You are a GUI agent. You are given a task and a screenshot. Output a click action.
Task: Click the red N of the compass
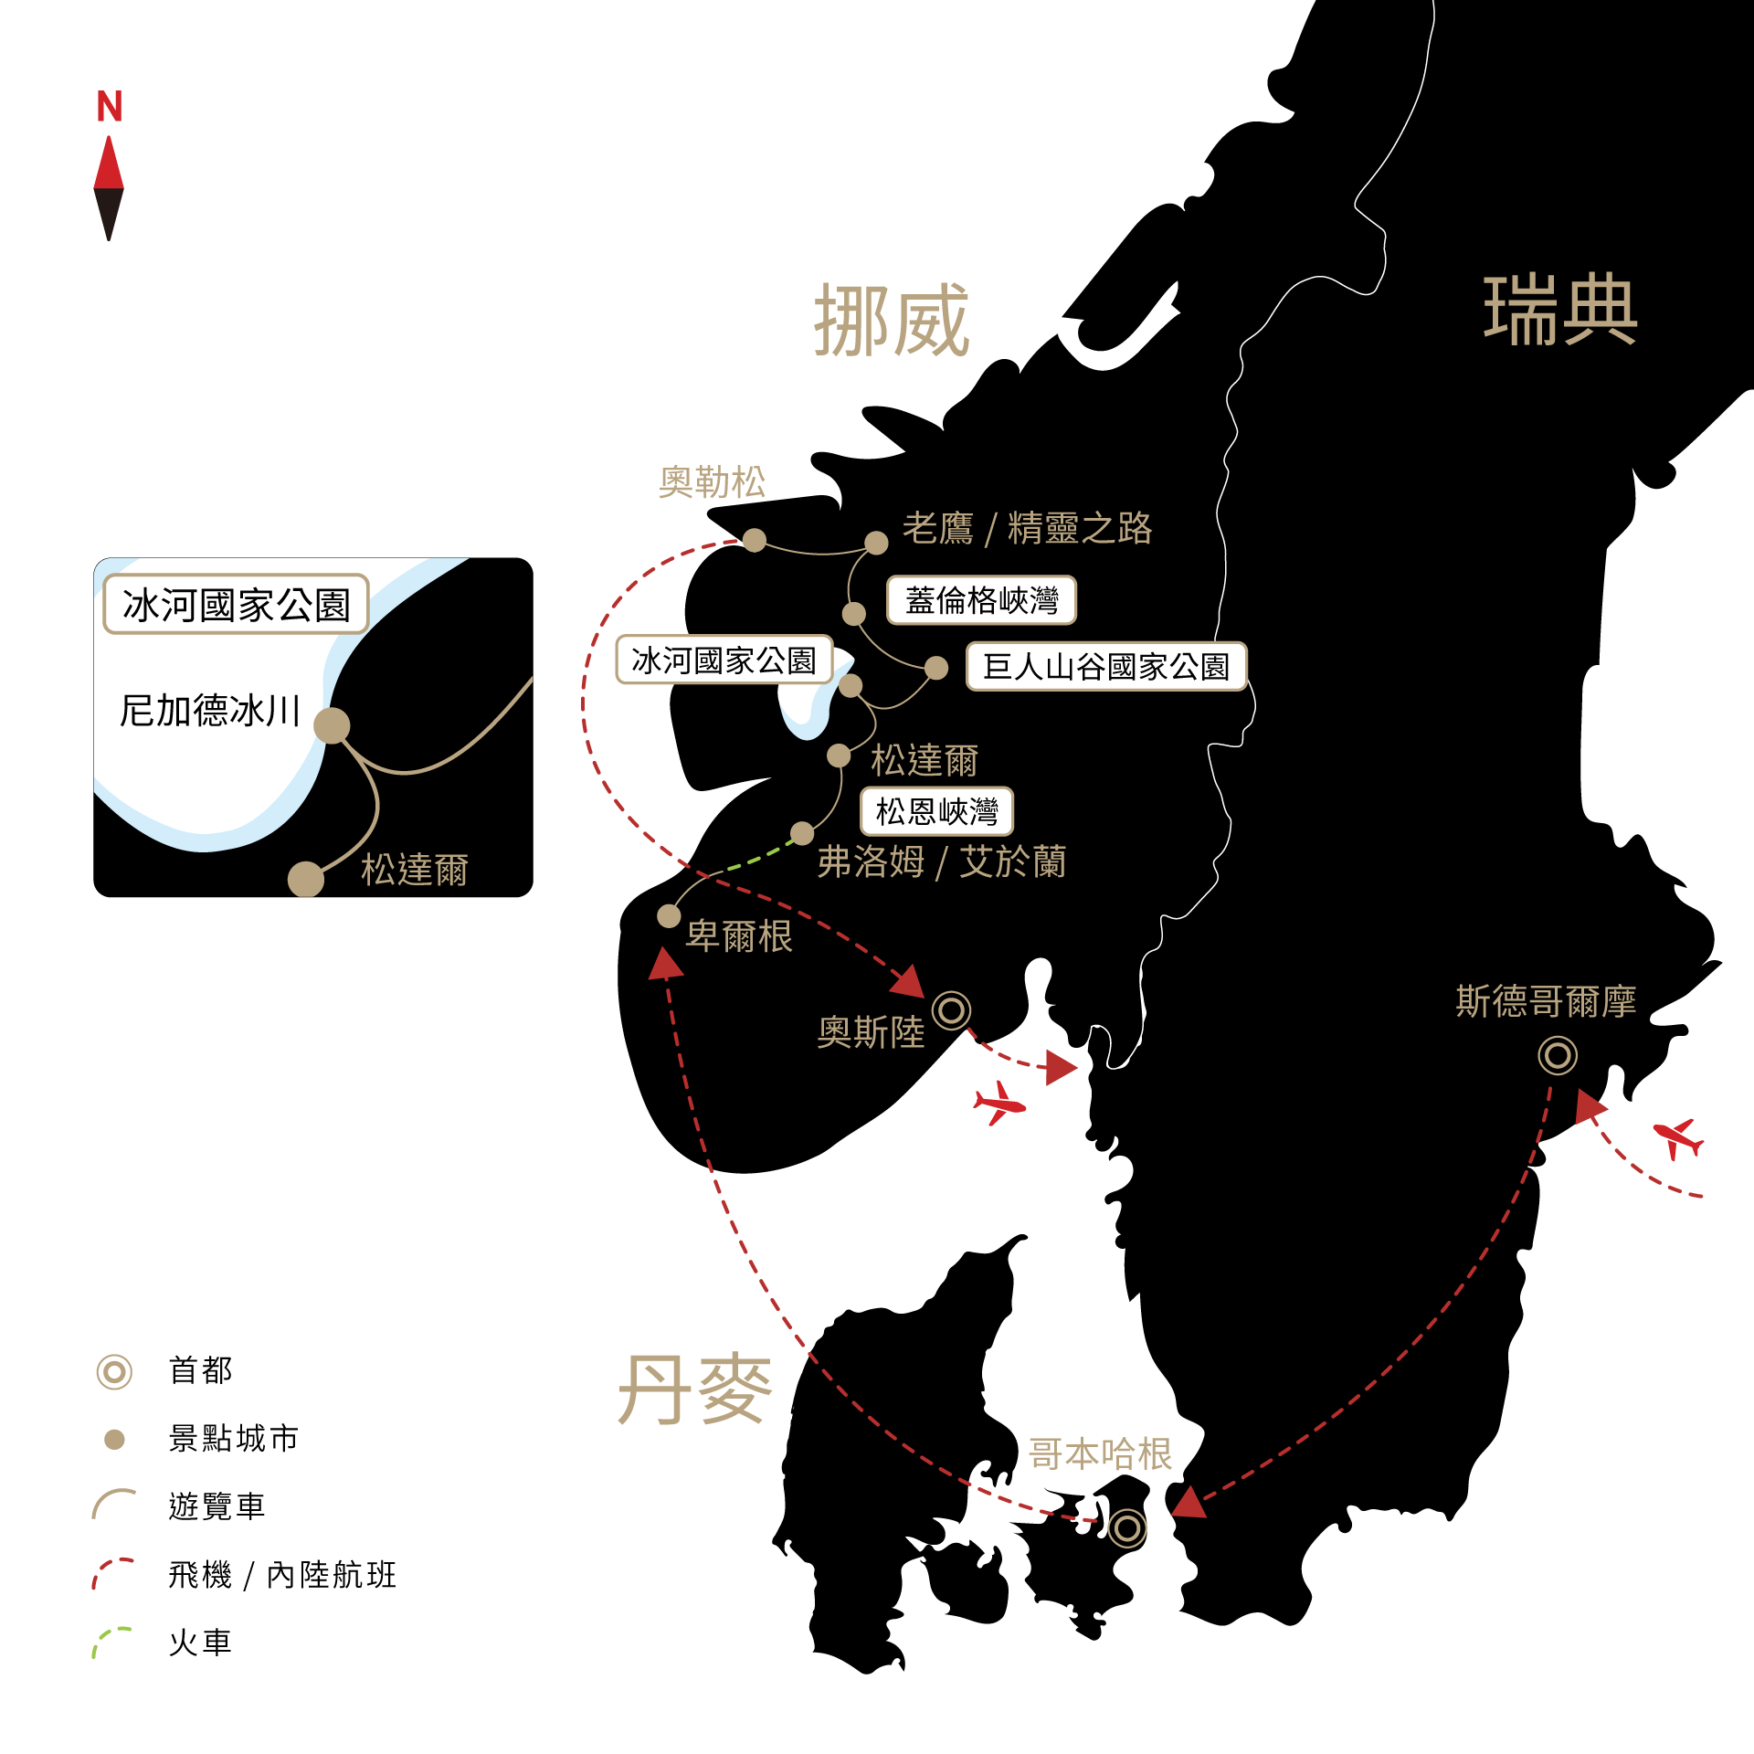click(x=110, y=107)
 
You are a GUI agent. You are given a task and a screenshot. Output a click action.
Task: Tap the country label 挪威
click(x=892, y=321)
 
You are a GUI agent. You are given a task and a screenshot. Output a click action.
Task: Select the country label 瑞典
click(x=1560, y=311)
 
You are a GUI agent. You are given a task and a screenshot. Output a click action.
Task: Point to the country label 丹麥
click(x=695, y=1389)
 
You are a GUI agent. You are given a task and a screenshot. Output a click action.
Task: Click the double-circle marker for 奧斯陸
click(x=951, y=1010)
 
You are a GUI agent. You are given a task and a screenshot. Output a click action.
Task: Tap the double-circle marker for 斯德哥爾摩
click(x=1557, y=1055)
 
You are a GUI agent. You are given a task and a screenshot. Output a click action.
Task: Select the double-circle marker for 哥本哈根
click(x=1126, y=1527)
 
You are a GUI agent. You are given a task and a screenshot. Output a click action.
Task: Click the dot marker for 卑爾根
click(x=669, y=915)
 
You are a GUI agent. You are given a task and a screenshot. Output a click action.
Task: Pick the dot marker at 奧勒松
click(x=754, y=540)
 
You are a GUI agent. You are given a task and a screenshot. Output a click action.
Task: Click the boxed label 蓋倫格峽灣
click(x=981, y=600)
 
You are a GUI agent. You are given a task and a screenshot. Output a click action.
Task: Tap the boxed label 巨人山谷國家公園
click(x=1105, y=666)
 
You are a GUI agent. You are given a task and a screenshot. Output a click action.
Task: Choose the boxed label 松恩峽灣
click(x=936, y=811)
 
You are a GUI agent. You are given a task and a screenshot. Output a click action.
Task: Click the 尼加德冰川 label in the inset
click(x=210, y=710)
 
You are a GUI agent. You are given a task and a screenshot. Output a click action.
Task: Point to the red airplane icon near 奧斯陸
click(x=999, y=1104)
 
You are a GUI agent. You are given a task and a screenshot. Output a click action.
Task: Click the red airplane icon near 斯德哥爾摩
click(x=1678, y=1138)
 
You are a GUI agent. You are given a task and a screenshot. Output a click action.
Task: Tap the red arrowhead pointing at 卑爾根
click(x=665, y=964)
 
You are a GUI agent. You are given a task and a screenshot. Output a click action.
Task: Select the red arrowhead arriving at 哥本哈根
click(x=1189, y=1503)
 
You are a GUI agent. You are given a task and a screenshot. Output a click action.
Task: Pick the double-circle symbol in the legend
click(x=114, y=1371)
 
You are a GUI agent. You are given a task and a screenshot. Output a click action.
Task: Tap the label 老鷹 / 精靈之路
click(x=1027, y=528)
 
